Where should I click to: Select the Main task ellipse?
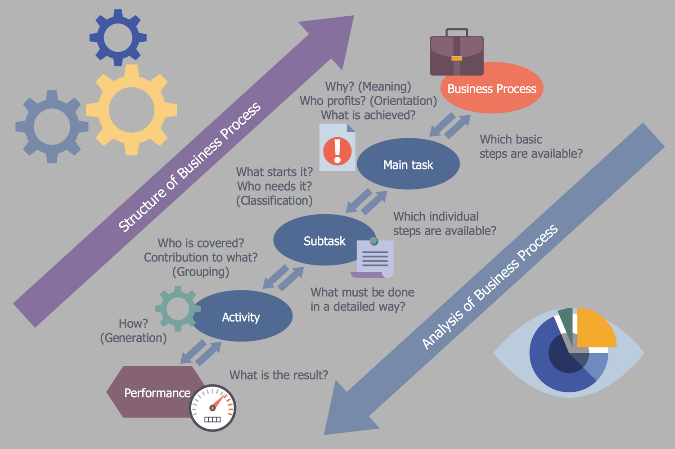408,165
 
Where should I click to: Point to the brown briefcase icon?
457,54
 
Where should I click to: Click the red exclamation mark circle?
337,151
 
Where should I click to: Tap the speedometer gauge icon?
212,408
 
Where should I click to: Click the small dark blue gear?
118,37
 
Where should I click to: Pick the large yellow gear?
131,110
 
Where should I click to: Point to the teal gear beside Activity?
177,309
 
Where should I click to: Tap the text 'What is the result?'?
279,375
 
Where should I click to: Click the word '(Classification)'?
274,201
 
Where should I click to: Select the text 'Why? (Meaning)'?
368,86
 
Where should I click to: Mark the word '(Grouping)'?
201,272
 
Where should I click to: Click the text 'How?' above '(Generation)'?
133,323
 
